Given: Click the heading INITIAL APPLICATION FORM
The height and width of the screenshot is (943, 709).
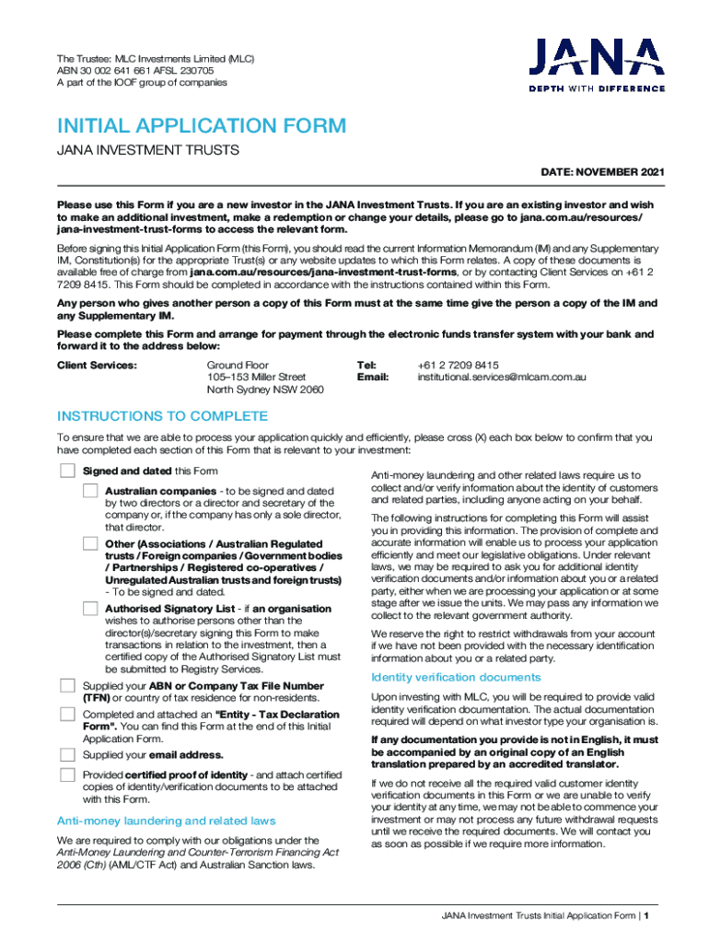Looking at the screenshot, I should [x=202, y=126].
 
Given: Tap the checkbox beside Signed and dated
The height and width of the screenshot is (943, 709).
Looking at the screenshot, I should [x=67, y=471].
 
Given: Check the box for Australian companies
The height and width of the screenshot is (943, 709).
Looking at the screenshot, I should [x=89, y=491].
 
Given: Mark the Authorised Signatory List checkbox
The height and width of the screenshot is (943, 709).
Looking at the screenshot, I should [x=89, y=609].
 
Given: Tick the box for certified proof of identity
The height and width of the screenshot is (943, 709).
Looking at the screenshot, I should [x=67, y=774].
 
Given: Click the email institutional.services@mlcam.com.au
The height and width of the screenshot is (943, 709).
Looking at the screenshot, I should [x=502, y=377].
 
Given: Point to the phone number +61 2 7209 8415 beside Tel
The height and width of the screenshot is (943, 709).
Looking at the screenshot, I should [x=458, y=365].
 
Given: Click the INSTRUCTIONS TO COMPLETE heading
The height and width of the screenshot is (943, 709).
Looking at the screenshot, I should [x=163, y=416].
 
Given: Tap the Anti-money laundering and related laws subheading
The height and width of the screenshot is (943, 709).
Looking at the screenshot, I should [x=167, y=821].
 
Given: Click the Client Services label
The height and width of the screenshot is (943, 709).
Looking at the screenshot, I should [x=97, y=365].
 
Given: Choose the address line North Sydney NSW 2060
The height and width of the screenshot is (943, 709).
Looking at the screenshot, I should [x=265, y=390].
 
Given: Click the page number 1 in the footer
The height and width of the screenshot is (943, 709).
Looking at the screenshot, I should [x=648, y=915].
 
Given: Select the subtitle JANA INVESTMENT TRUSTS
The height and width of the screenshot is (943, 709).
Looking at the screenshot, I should [x=148, y=150].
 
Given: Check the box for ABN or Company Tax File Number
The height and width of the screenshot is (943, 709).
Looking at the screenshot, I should [x=67, y=686].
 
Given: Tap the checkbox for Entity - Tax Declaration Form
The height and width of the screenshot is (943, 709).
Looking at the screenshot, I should [x=67, y=715].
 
